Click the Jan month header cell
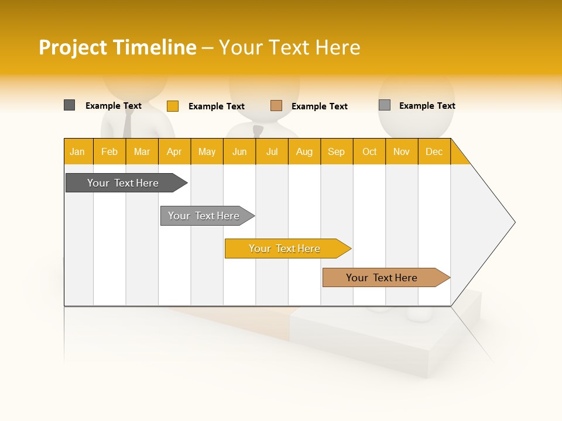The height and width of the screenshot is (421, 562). (x=78, y=151)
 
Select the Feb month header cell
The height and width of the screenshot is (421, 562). (x=109, y=151)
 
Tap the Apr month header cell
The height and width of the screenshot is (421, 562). (x=174, y=151)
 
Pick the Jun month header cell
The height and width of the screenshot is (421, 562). (x=239, y=151)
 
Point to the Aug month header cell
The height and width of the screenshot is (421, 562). (x=304, y=151)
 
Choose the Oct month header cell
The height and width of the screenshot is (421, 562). (x=369, y=151)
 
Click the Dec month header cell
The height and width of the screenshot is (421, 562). (x=434, y=151)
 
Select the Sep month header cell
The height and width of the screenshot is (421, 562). (x=337, y=151)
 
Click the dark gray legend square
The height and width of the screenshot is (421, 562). (x=69, y=105)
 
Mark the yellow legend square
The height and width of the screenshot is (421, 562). (x=173, y=106)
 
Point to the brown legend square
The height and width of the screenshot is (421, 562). (x=276, y=106)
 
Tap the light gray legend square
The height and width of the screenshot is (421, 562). (x=385, y=105)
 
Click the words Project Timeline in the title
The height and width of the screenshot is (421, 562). (x=117, y=47)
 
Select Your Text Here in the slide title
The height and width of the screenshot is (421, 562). (x=290, y=47)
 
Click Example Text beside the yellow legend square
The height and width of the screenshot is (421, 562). (x=217, y=106)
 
